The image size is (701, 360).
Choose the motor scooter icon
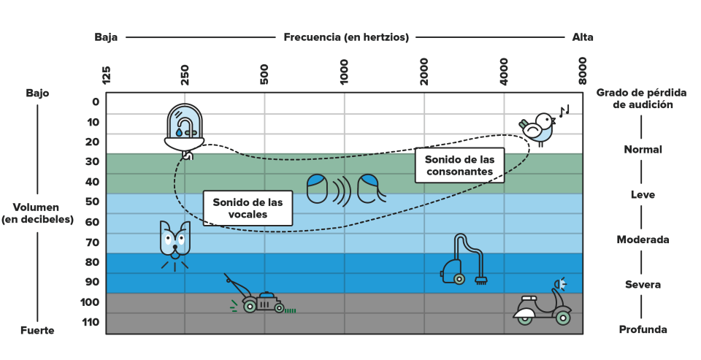click(x=543, y=302)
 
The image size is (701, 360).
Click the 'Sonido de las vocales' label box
click(x=248, y=208)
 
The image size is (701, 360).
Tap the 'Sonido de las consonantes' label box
click(x=459, y=166)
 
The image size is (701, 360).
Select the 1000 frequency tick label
click(x=344, y=72)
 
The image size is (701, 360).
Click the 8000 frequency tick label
click(x=582, y=71)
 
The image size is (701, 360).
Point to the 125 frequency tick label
click(x=106, y=74)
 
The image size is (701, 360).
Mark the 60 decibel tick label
click(x=93, y=222)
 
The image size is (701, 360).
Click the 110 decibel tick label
click(x=91, y=322)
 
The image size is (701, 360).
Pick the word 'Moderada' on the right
click(x=643, y=240)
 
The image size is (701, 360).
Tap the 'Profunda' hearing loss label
click(x=643, y=329)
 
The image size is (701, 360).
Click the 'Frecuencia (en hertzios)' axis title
click(x=346, y=37)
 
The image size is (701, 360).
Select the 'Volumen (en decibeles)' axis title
click(x=37, y=213)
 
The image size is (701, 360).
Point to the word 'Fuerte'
click(x=37, y=331)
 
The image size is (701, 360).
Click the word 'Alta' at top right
click(x=583, y=37)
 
